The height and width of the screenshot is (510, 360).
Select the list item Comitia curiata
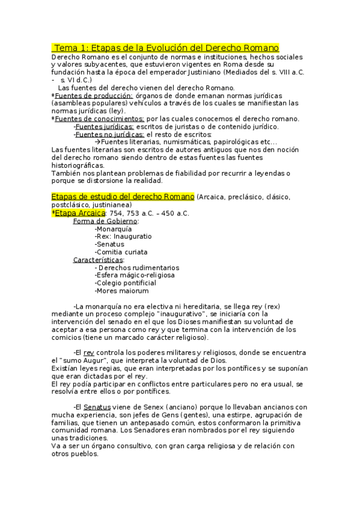[x=121, y=252]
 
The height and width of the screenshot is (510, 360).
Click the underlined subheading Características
[x=99, y=260]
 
